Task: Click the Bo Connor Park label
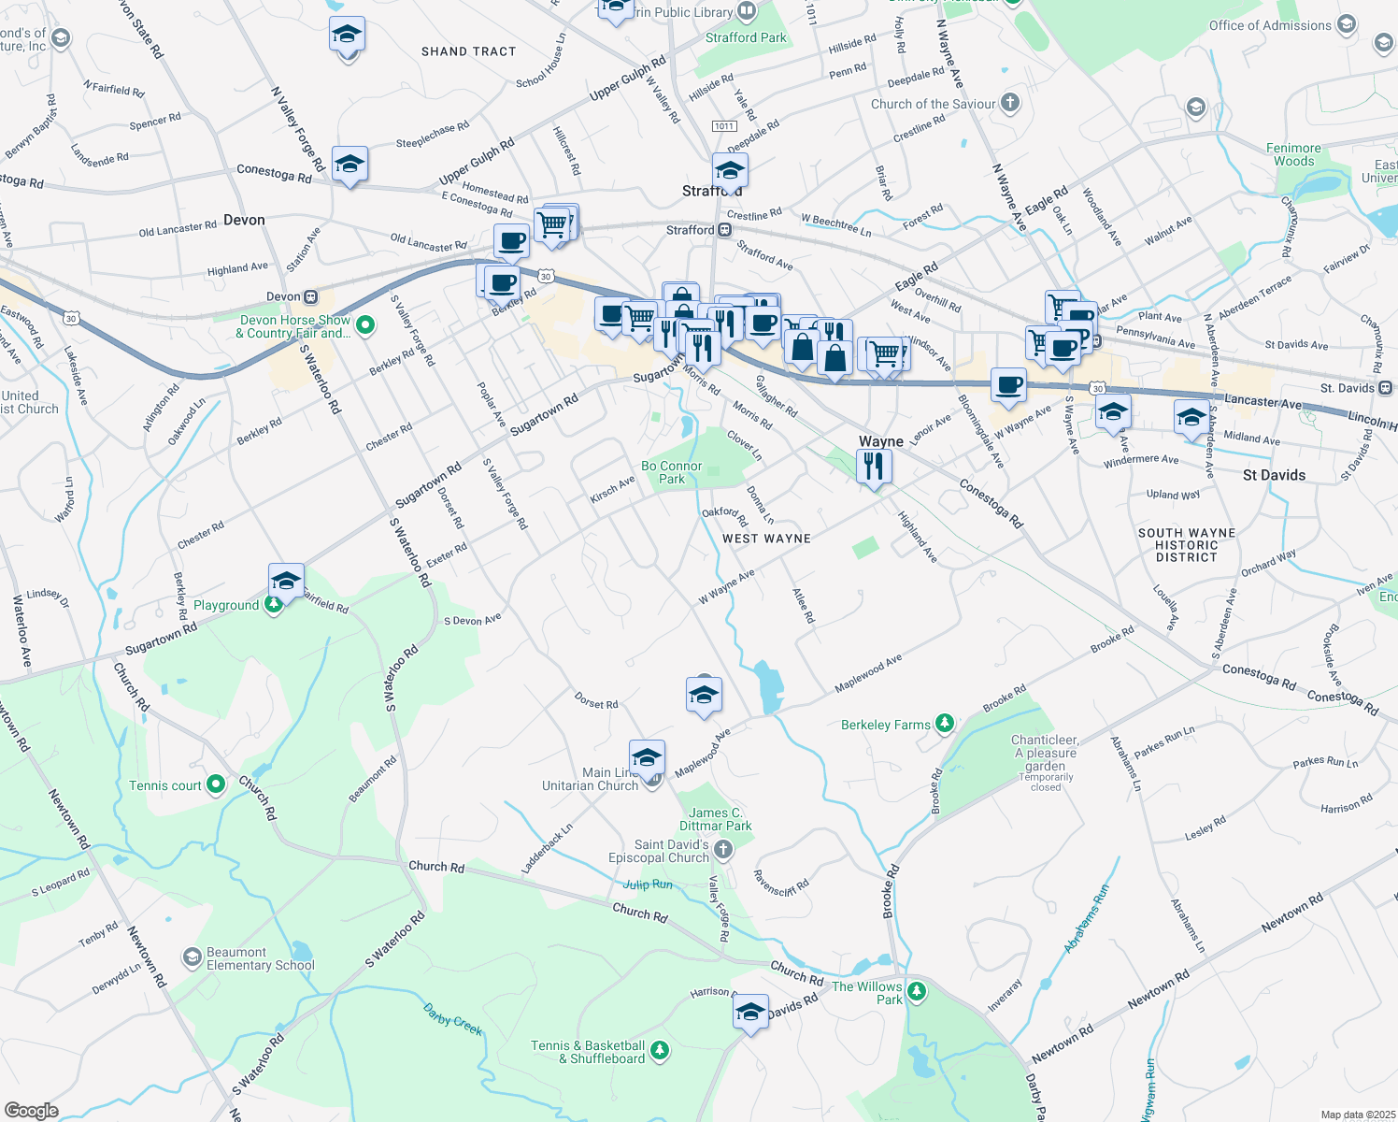click(672, 472)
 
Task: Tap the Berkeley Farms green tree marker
click(945, 724)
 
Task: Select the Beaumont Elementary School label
click(260, 958)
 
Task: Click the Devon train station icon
click(310, 297)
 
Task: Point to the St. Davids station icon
click(1385, 388)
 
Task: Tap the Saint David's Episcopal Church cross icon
click(722, 850)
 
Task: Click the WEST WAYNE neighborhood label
click(766, 539)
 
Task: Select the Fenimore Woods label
click(1293, 154)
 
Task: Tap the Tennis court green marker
click(216, 784)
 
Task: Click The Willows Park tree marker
click(916, 992)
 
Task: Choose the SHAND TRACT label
click(468, 51)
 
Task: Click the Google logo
click(31, 1111)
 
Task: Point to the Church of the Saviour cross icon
click(1010, 103)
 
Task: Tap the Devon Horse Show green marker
click(365, 325)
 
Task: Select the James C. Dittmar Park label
click(715, 819)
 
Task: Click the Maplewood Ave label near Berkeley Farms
click(868, 673)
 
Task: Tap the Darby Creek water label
click(453, 1019)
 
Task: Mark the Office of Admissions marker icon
click(1347, 24)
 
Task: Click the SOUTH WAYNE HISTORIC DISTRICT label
click(1186, 545)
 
